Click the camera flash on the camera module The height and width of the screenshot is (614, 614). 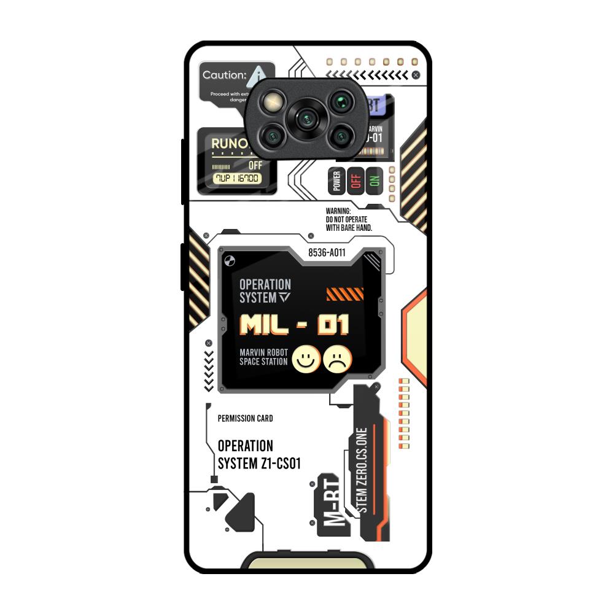[272, 101]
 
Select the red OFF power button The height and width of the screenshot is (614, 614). [355, 181]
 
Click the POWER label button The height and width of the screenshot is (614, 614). [336, 181]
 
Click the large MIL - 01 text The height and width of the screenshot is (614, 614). [294, 325]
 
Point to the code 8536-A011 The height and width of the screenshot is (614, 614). [327, 252]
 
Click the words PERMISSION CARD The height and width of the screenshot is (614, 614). [245, 419]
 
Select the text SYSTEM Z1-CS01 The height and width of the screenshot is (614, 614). [259, 464]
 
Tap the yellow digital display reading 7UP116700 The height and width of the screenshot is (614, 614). [236, 178]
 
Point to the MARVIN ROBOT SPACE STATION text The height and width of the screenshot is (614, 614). [263, 357]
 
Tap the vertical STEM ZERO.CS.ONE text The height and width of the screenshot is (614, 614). [362, 470]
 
